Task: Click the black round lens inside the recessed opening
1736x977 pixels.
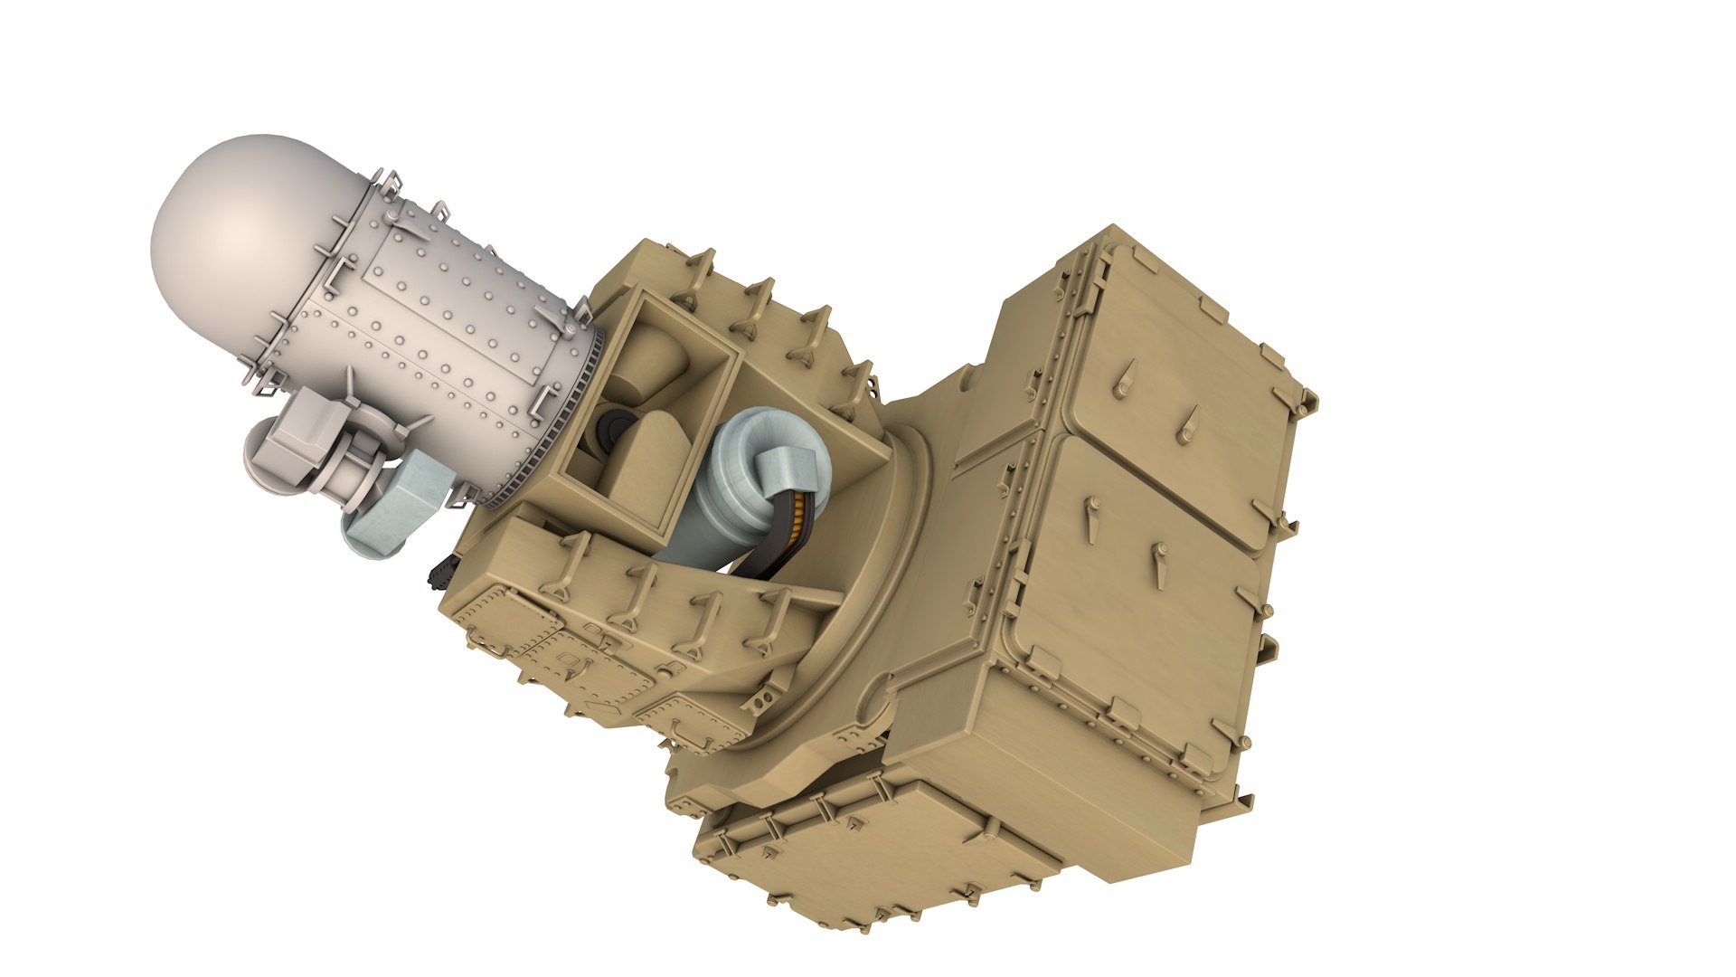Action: tap(616, 430)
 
